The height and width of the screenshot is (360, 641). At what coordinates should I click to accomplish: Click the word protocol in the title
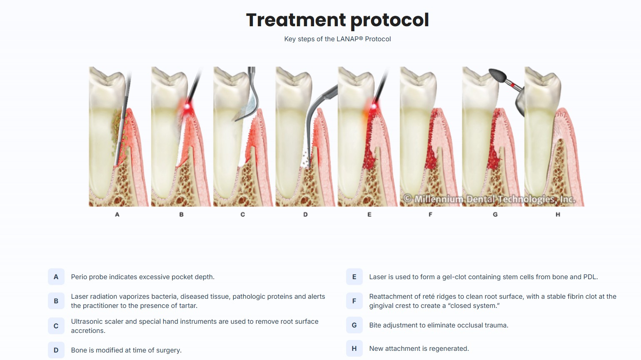tap(389, 20)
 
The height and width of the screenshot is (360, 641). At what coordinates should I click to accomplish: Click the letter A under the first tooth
tap(117, 215)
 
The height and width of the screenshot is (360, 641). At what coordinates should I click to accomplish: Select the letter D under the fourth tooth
tap(305, 215)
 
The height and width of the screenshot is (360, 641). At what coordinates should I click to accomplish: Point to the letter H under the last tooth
tap(558, 215)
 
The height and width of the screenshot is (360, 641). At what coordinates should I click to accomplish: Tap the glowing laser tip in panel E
tap(374, 107)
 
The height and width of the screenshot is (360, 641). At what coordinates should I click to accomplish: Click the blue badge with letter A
tap(56, 277)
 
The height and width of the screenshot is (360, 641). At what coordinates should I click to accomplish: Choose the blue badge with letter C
tap(56, 326)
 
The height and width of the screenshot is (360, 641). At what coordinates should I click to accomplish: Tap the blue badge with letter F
tap(354, 301)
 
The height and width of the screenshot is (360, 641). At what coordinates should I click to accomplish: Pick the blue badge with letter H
tap(354, 349)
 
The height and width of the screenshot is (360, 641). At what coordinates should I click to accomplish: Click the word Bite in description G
tap(375, 325)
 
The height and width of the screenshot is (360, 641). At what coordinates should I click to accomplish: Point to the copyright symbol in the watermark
tap(408, 199)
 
